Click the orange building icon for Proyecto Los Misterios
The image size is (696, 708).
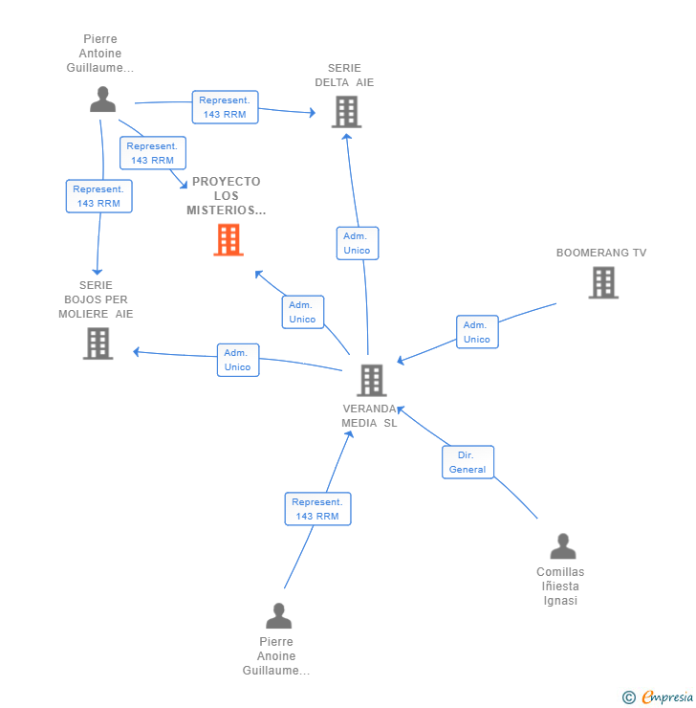pos(228,240)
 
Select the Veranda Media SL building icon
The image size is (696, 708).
pos(371,380)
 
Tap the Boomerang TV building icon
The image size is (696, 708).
pos(603,282)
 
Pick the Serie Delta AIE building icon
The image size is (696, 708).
pos(346,112)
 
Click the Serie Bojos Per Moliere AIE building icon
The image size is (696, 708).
pos(98,343)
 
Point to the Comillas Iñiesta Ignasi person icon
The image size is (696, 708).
pos(563,546)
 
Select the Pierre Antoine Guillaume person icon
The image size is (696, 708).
pos(102,100)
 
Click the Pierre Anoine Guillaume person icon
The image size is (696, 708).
pos(278,615)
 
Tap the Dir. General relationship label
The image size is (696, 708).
pos(468,462)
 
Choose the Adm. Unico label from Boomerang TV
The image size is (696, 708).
pos(477,332)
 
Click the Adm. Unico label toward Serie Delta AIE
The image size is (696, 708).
pos(357,243)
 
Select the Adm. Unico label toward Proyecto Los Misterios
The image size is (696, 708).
pos(302,312)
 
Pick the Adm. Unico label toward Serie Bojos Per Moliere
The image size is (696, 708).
pos(237,360)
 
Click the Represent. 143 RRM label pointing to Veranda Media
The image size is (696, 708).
pos(317,509)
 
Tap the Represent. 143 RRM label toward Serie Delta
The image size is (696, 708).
pos(225,106)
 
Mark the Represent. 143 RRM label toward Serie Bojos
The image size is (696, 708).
pos(98,196)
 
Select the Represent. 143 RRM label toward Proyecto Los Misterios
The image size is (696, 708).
pos(153,153)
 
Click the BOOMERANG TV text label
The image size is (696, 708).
pos(601,253)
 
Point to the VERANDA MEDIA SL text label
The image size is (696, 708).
pos(370,416)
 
